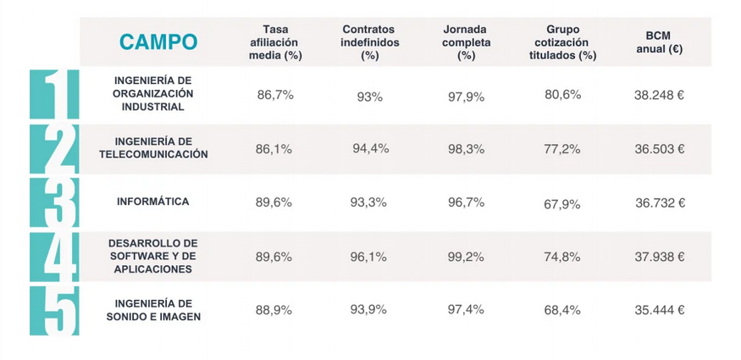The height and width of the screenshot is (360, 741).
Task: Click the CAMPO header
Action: coord(158,42)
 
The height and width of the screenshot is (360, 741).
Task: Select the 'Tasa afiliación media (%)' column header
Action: coord(275,42)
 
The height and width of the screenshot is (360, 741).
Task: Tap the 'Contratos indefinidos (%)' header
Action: coord(370,42)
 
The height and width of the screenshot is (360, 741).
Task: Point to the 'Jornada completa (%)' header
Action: coord(466,42)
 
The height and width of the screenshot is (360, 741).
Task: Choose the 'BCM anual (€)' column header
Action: coord(659,42)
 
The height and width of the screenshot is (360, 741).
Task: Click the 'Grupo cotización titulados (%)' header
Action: coord(557,42)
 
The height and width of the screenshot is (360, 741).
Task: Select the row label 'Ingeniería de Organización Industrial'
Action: coord(153,93)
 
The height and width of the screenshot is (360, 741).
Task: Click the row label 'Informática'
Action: coord(153,202)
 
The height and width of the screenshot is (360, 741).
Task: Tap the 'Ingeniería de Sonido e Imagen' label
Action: coord(153,310)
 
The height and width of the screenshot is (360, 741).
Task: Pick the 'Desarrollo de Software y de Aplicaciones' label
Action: coord(153,256)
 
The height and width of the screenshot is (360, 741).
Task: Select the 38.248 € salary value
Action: coord(659,95)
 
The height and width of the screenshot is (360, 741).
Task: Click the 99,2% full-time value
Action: coord(466,257)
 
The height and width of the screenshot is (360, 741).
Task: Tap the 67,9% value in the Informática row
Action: coord(562,203)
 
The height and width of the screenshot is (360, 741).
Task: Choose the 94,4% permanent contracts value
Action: coord(370,149)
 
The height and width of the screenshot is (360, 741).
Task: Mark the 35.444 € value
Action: coord(659,310)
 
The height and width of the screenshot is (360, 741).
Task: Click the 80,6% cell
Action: coord(562,95)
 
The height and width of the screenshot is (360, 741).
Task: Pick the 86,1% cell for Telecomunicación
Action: coord(274,149)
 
